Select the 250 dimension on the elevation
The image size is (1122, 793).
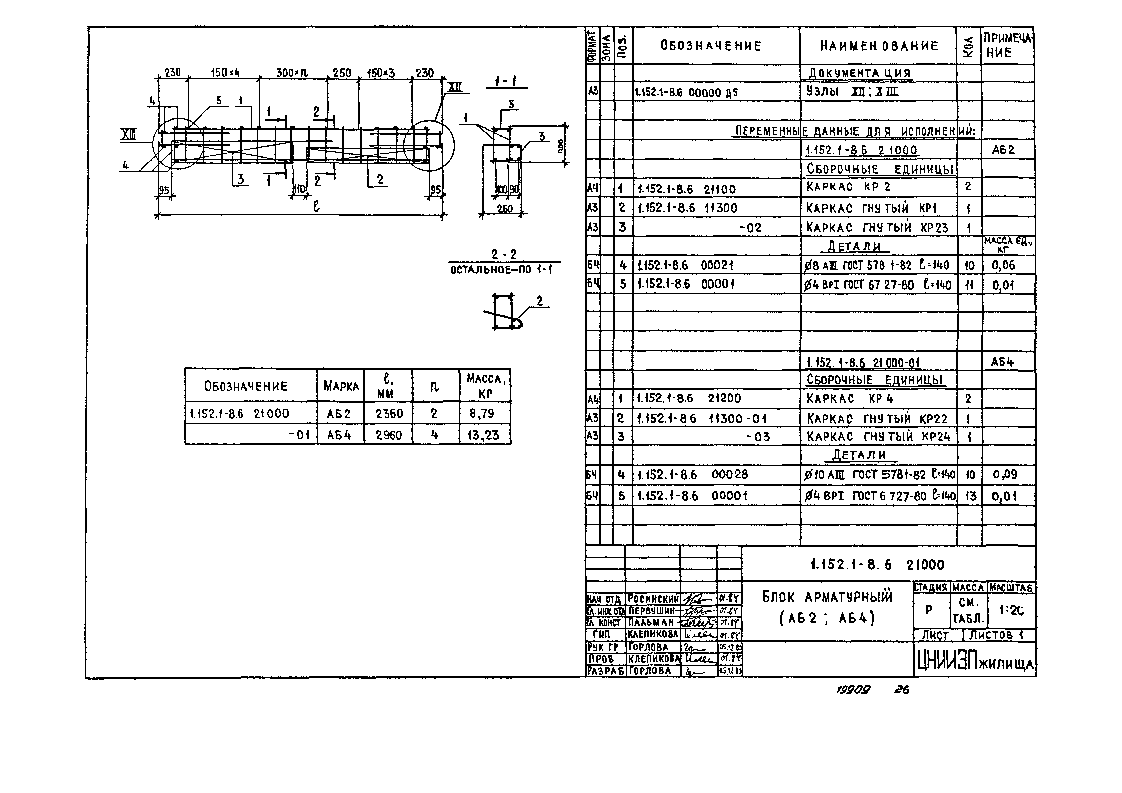coord(342,73)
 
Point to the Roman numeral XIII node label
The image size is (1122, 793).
coord(129,135)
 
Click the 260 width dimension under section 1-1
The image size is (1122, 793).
coord(505,209)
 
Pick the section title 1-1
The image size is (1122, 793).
coord(506,81)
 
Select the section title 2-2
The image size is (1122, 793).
coord(504,254)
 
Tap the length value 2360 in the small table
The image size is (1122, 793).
coord(389,414)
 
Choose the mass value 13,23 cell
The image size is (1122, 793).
coord(483,435)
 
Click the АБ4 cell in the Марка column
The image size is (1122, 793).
coord(339,435)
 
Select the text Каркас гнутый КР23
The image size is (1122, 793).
coord(877,228)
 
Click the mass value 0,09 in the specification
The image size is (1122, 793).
coord(1004,474)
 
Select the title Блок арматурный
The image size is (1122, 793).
coord(827,597)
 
